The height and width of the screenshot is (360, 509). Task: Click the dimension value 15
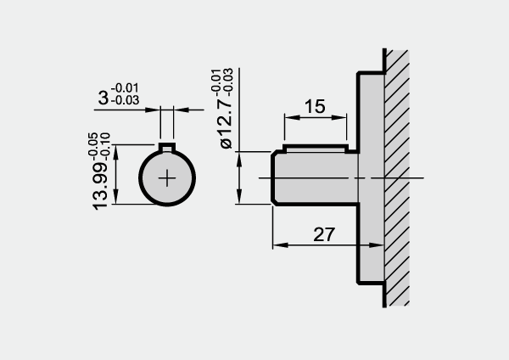point(315,106)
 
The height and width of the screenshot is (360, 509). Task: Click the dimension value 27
point(324,234)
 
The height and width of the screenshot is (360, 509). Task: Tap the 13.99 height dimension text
point(100,186)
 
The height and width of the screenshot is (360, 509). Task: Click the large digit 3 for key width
point(103,98)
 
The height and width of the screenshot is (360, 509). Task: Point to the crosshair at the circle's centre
point(167,177)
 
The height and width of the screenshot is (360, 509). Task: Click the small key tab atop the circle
point(167,147)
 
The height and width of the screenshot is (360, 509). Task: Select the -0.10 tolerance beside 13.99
point(105,146)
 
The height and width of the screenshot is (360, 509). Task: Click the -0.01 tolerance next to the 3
point(125,87)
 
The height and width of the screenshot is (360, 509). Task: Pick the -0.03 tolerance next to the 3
point(125,100)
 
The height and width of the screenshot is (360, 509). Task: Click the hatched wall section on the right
point(397,178)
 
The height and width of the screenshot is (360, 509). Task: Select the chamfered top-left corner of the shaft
point(275,153)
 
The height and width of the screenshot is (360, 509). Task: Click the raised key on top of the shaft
point(316,148)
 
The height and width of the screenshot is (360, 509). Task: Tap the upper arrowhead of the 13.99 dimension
point(116,152)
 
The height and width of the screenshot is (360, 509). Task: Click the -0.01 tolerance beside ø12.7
point(215,80)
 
